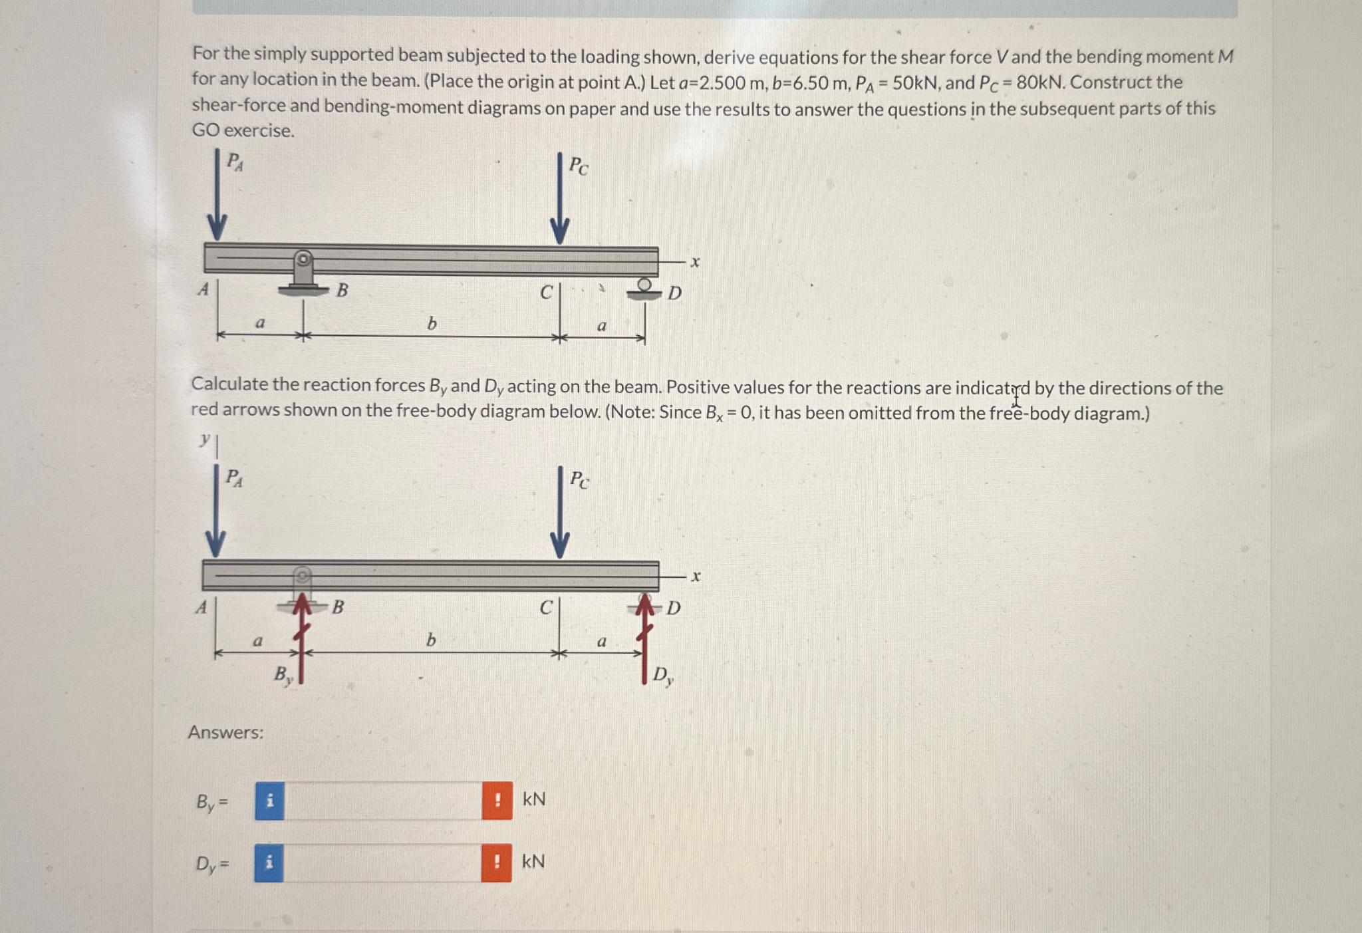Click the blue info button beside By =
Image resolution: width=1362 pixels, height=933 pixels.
pyautogui.click(x=269, y=801)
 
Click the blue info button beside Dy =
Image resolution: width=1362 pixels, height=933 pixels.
pyautogui.click(x=269, y=863)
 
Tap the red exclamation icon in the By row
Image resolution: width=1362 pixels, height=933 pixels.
pyautogui.click(x=497, y=801)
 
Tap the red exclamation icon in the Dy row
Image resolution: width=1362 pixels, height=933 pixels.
pyautogui.click(x=496, y=863)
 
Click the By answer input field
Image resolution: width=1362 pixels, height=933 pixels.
pyautogui.click(x=383, y=801)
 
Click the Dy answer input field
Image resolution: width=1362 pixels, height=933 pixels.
pyautogui.click(x=382, y=863)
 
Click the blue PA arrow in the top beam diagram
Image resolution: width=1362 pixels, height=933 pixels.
pyautogui.click(x=217, y=196)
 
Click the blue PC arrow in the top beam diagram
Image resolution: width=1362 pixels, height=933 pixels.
pyautogui.click(x=559, y=200)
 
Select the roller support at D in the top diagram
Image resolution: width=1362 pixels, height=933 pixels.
pyautogui.click(x=644, y=289)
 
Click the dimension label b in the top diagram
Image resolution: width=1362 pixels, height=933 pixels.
pyautogui.click(x=432, y=324)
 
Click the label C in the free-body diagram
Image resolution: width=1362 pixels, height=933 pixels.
pyautogui.click(x=545, y=607)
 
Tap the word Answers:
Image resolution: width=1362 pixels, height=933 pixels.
pyautogui.click(x=225, y=733)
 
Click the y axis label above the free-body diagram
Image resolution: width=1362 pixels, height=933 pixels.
pyautogui.click(x=205, y=439)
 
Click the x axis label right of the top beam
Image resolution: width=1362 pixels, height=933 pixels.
pyautogui.click(x=695, y=262)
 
